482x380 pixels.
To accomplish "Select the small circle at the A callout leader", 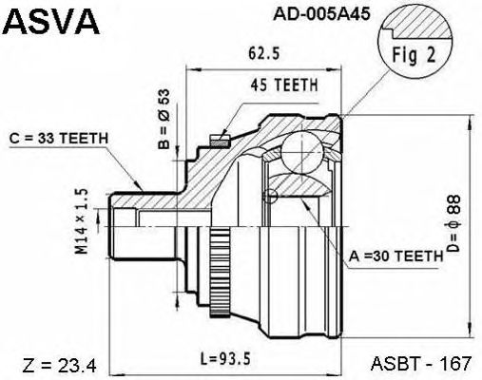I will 273,198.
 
